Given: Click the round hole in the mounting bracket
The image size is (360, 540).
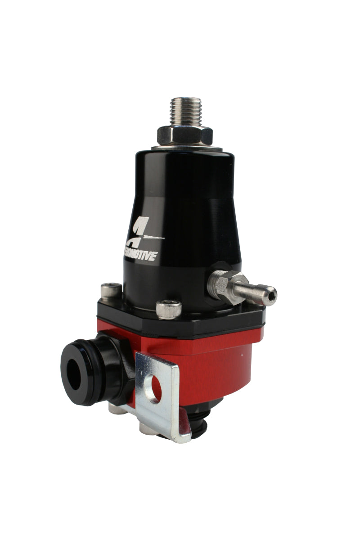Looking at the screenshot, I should (156, 387).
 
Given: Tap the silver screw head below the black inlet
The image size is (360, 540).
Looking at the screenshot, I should (117, 408).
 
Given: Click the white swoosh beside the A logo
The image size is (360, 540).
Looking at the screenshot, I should (153, 238).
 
